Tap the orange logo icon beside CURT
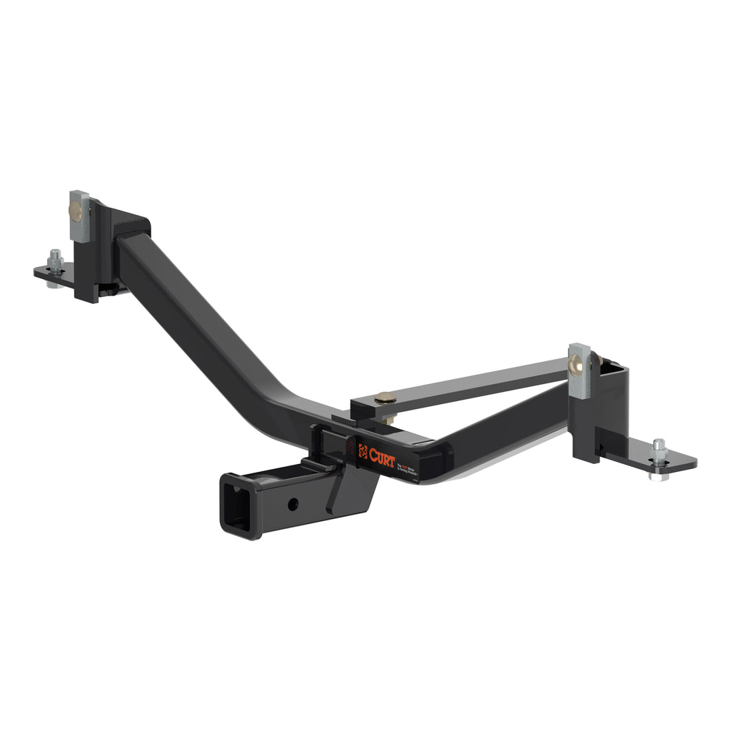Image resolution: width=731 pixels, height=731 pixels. pyautogui.click(x=363, y=451)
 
